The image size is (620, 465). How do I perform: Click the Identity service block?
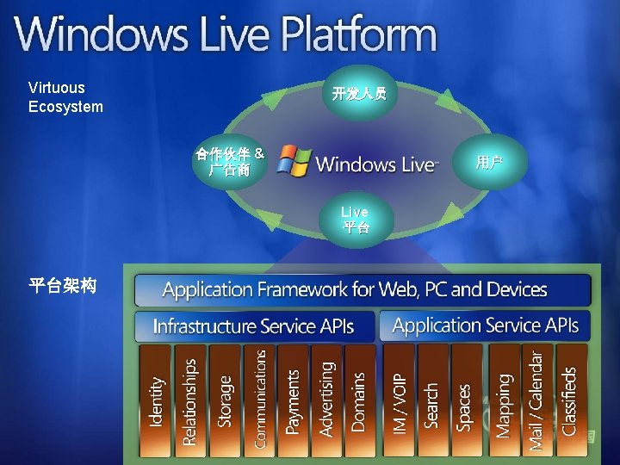click(x=156, y=400)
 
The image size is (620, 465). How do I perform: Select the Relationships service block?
click(x=189, y=400)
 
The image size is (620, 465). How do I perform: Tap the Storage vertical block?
click(x=225, y=400)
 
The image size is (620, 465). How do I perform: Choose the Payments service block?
click(x=293, y=400)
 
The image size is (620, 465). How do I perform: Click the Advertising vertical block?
click(x=326, y=400)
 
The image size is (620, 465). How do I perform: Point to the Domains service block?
click(x=359, y=400)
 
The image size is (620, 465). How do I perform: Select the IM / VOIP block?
click(x=399, y=400)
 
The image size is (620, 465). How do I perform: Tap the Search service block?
click(x=432, y=400)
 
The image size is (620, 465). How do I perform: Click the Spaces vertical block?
click(x=466, y=400)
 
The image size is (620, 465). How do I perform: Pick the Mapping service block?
click(x=504, y=400)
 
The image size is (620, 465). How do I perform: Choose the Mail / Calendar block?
click(x=536, y=400)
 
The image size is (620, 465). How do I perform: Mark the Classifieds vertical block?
click(x=570, y=400)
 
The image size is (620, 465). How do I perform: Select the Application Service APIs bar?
click(x=485, y=325)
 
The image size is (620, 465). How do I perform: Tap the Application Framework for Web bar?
click(x=363, y=290)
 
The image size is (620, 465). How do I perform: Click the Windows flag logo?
click(x=294, y=161)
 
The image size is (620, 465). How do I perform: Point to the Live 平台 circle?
click(x=355, y=220)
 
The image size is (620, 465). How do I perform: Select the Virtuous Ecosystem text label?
click(x=65, y=97)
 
